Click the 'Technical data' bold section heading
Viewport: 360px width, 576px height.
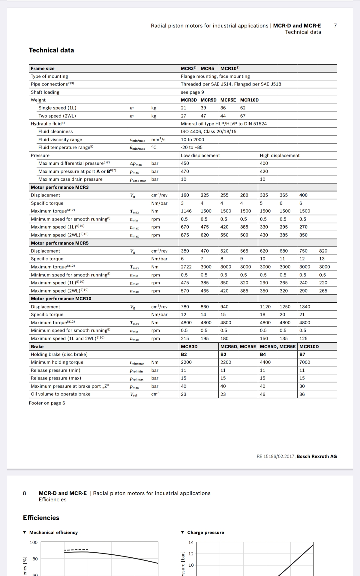pyautogui.click(x=51, y=50)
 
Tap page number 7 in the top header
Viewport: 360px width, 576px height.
pyautogui.click(x=335, y=25)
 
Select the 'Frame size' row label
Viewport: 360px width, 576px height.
pyautogui.click(x=43, y=68)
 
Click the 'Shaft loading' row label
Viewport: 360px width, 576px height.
pyautogui.click(x=45, y=92)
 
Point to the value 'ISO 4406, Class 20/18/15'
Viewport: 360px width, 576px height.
pyautogui.click(x=208, y=131)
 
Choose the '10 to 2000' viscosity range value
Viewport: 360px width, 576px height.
pyautogui.click(x=192, y=139)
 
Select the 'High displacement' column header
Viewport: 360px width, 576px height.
pyautogui.click(x=280, y=155)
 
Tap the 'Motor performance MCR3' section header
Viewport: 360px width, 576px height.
pyautogui.click(x=60, y=187)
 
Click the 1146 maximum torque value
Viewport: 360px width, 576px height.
pyautogui.click(x=186, y=211)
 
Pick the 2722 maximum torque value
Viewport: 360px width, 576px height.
pyautogui.click(x=186, y=267)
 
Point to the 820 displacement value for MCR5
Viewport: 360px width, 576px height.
pyautogui.click(x=323, y=251)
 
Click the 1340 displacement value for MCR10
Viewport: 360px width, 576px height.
pyautogui.click(x=304, y=307)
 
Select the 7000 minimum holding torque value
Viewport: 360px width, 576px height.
pyautogui.click(x=304, y=362)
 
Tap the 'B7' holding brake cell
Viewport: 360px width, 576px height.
pyautogui.click(x=302, y=354)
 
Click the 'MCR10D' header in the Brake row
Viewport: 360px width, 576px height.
pyautogui.click(x=309, y=346)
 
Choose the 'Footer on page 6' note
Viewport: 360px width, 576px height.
pyautogui.click(x=47, y=403)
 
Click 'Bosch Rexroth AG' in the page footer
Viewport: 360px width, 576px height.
pyautogui.click(x=316, y=456)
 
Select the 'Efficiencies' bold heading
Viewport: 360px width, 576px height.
pyautogui.click(x=41, y=517)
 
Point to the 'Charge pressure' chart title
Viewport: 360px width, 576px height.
pyautogui.click(x=205, y=532)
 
